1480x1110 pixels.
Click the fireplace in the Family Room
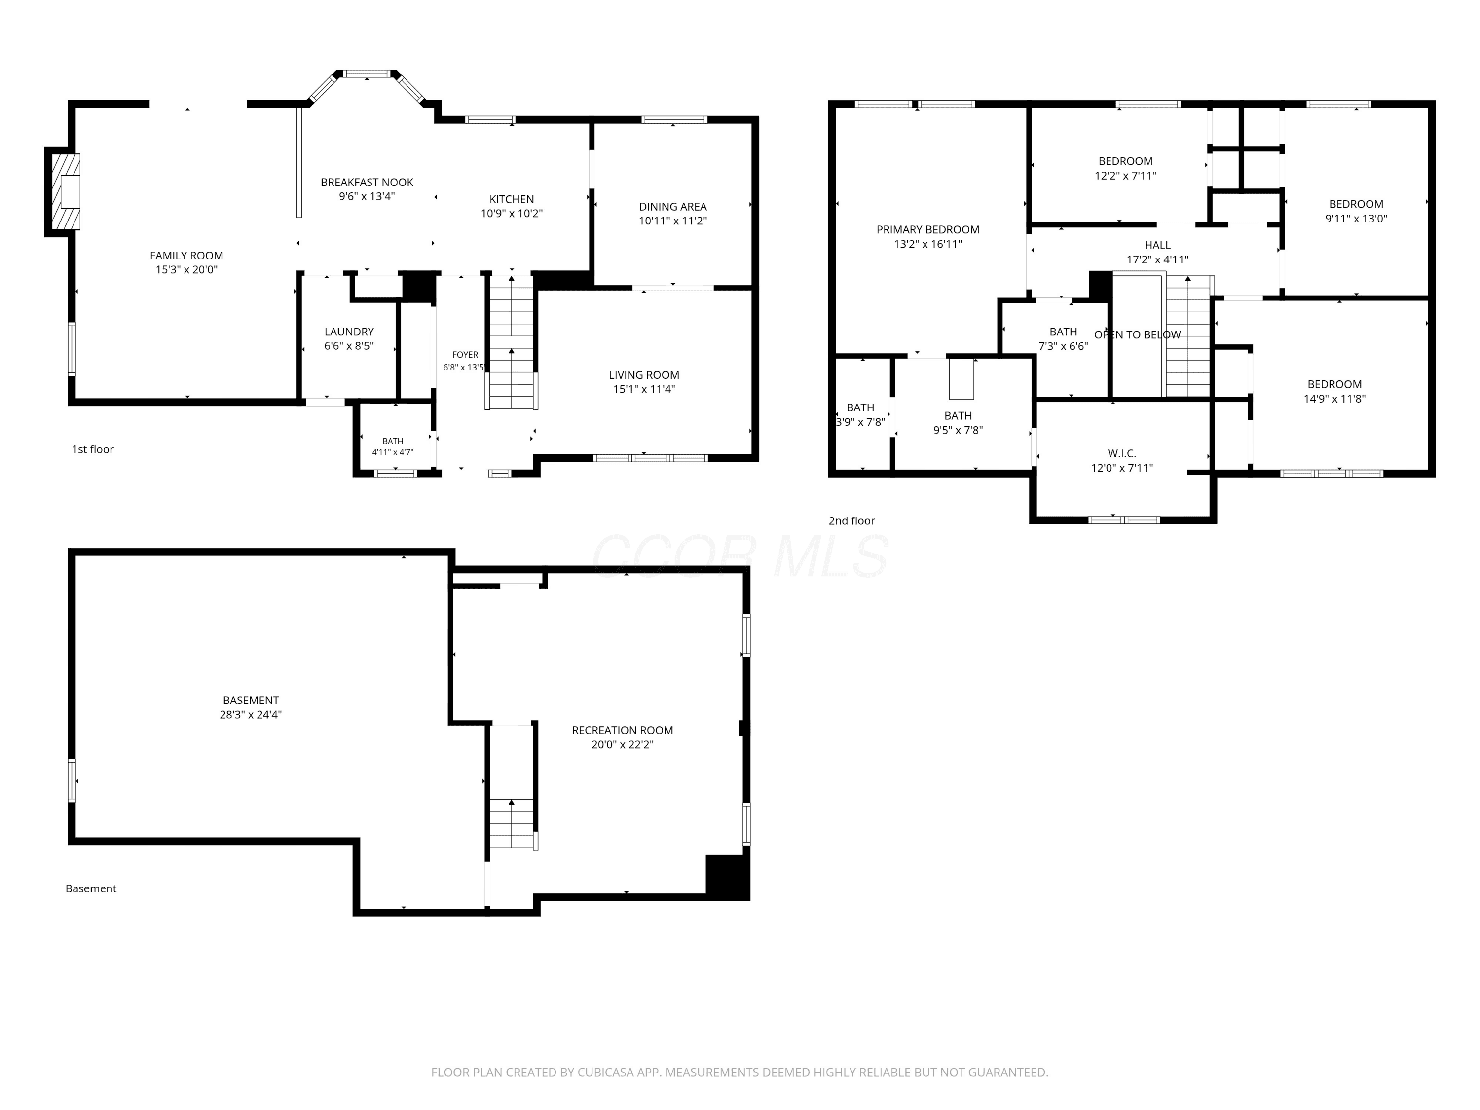(x=66, y=192)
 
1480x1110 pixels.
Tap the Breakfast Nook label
(x=367, y=182)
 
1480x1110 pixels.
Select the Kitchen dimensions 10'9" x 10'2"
(x=512, y=214)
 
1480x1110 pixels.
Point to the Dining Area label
(x=672, y=207)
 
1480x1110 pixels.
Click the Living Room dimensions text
(x=644, y=389)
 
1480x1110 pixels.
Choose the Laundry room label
(x=349, y=332)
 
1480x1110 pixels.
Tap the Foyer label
(x=465, y=355)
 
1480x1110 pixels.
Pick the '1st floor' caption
(x=93, y=449)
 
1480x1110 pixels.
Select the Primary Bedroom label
(x=928, y=229)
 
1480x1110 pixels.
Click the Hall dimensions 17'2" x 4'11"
(x=1157, y=259)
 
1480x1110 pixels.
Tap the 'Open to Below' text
(x=1138, y=334)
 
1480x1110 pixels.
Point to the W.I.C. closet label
(x=1122, y=454)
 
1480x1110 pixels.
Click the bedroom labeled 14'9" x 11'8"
(x=1335, y=391)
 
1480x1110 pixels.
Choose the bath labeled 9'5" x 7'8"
(x=958, y=423)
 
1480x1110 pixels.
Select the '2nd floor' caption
(x=851, y=520)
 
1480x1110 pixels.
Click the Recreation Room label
(x=622, y=730)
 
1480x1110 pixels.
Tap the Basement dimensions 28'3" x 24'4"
(x=251, y=714)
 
